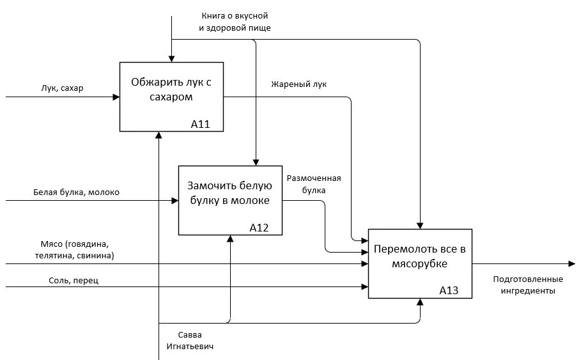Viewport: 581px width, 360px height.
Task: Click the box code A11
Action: pos(201,124)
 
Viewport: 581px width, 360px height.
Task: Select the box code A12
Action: pos(259,228)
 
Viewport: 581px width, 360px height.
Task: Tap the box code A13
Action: pos(449,290)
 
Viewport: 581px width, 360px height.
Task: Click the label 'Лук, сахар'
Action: pos(62,88)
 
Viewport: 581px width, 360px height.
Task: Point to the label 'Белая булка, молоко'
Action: pos(76,192)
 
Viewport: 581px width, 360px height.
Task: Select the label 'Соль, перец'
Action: pos(74,280)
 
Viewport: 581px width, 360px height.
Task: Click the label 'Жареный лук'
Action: pos(298,84)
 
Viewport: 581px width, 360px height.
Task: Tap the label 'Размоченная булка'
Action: pos(314,184)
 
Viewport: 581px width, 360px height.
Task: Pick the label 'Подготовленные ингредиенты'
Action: pos(528,285)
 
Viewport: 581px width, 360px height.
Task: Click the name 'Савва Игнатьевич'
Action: pos(190,341)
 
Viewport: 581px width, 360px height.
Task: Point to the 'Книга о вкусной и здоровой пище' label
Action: pos(235,22)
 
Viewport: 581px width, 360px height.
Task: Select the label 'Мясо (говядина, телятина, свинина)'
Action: pos(75,250)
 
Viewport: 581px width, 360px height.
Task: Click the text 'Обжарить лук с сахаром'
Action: pos(171,90)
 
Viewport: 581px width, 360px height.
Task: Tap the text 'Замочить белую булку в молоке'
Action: pos(229,193)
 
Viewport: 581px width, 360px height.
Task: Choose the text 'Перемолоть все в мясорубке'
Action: pos(420,256)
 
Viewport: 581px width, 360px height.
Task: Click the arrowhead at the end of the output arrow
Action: pos(572,264)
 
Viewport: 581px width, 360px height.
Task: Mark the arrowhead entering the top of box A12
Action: pos(256,162)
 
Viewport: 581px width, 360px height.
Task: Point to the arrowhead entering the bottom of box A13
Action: pos(420,302)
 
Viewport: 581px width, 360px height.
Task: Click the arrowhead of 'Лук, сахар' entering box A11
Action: pos(116,97)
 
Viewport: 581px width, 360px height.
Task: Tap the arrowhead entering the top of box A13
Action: pos(420,226)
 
